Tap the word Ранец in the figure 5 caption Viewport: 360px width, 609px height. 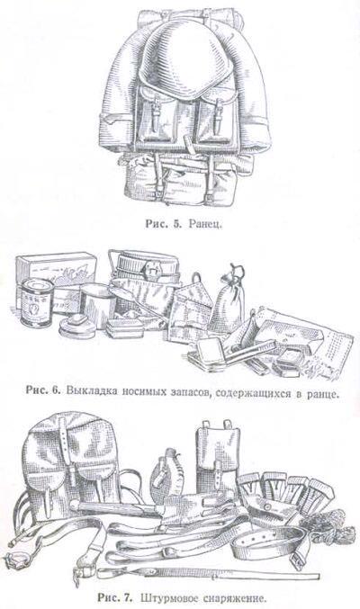(x=206, y=224)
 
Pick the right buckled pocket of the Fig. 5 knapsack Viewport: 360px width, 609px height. (x=214, y=117)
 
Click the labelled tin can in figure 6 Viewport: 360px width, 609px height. (x=36, y=301)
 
